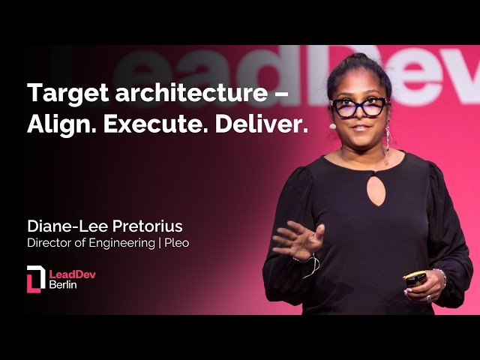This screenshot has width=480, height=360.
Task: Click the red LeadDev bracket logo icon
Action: [35, 278]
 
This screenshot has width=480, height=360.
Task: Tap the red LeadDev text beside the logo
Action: [72, 274]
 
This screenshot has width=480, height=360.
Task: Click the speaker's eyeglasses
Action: [358, 107]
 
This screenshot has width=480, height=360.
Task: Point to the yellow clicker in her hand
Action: [415, 278]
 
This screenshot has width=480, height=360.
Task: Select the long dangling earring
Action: [387, 142]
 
